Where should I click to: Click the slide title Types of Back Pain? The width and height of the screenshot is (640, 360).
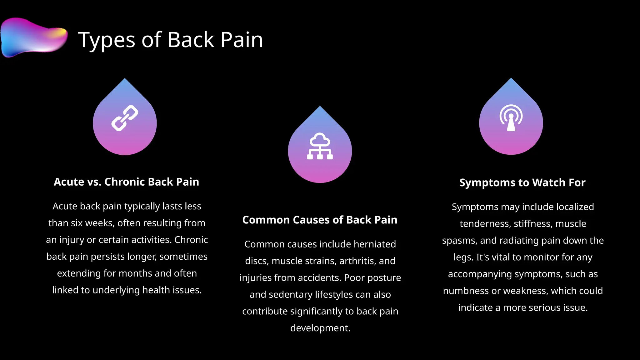coord(170,40)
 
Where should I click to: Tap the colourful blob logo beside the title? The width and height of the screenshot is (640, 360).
coord(34,37)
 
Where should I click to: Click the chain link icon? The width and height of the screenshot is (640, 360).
coord(125,118)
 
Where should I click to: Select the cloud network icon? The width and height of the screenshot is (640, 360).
coord(320,146)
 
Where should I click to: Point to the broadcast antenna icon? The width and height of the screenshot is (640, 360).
coord(511,118)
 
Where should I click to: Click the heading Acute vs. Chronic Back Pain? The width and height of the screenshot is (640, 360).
coord(126,182)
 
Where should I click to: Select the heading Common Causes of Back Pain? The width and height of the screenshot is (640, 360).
coord(320,220)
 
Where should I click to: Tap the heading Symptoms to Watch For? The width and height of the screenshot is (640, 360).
coord(522,182)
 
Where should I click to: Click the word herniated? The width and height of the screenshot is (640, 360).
coord(375,244)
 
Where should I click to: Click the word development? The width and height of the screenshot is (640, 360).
coord(320,328)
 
